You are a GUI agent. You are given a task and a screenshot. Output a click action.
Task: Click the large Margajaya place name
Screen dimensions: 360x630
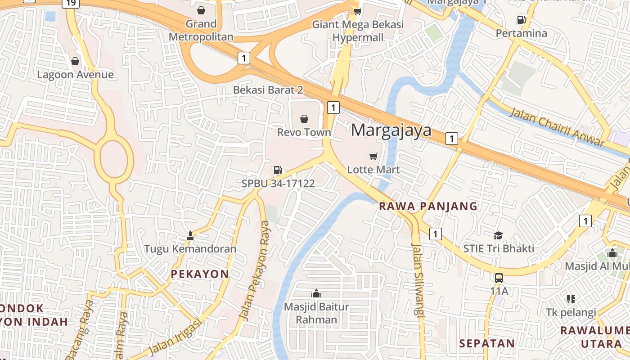[x=391, y=130]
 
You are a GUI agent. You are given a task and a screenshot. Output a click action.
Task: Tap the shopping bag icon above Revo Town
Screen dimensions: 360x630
[x=304, y=119]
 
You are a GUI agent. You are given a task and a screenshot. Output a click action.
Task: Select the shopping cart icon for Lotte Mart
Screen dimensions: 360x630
[x=373, y=157]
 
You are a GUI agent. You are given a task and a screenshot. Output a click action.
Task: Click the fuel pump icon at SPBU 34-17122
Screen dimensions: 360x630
[x=278, y=170]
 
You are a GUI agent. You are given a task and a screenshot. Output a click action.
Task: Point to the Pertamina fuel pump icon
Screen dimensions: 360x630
[x=521, y=19]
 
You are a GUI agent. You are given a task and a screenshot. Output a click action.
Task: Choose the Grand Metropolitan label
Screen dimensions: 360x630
[x=201, y=30]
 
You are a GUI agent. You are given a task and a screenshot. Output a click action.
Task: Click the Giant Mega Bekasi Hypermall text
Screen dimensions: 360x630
[x=358, y=31]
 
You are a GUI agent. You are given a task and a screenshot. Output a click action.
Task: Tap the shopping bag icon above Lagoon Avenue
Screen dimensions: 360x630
[x=75, y=61]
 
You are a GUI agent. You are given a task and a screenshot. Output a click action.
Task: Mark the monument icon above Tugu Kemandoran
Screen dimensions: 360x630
[x=190, y=235]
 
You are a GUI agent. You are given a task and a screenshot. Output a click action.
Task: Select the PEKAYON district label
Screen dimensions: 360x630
[x=200, y=274]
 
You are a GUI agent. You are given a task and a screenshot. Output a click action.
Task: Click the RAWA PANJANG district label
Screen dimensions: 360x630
[x=428, y=207]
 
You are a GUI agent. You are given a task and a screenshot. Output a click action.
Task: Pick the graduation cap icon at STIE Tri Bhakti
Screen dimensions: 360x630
[x=498, y=235]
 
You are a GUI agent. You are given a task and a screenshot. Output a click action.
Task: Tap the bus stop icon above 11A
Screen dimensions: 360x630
[x=499, y=278]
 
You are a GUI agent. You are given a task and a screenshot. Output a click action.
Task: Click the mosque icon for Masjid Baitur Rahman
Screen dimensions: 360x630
[x=316, y=293]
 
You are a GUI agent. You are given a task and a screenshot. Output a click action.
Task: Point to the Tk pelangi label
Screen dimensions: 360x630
[x=571, y=312]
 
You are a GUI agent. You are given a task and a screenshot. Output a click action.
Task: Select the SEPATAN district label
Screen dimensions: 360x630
[x=487, y=343]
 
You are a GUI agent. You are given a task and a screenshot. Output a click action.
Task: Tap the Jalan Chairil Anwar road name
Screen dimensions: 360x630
[x=557, y=127]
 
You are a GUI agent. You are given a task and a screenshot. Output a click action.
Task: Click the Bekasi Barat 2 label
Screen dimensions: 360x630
[x=268, y=90]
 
